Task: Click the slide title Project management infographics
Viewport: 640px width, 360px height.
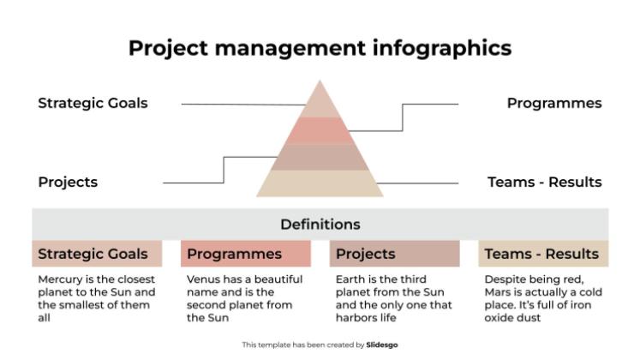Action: coord(320,47)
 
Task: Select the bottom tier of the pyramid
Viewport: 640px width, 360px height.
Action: coord(320,183)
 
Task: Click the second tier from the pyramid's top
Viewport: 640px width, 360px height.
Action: coord(320,130)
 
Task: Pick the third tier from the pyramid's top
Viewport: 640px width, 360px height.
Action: coord(320,157)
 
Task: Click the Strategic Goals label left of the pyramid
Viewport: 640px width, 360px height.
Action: coord(93,103)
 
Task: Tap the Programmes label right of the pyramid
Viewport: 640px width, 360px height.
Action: coord(553,103)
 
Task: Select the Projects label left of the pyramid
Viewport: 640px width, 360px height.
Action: coord(68,182)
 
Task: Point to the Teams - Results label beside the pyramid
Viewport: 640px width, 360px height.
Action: coord(544,182)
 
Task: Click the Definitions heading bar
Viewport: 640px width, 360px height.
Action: coord(320,225)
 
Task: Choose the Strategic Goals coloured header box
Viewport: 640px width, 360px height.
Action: coord(98,254)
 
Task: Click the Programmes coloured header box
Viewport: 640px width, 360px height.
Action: coord(246,254)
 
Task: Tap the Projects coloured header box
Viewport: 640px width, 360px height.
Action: coord(394,254)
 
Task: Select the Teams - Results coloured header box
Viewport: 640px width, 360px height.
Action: coord(543,254)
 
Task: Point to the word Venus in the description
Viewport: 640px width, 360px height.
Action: coord(204,279)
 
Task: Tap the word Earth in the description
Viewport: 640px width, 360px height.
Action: coord(350,279)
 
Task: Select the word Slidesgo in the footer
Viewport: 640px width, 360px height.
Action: coord(382,345)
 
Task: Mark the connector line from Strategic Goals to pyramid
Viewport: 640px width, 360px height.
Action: coord(240,105)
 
